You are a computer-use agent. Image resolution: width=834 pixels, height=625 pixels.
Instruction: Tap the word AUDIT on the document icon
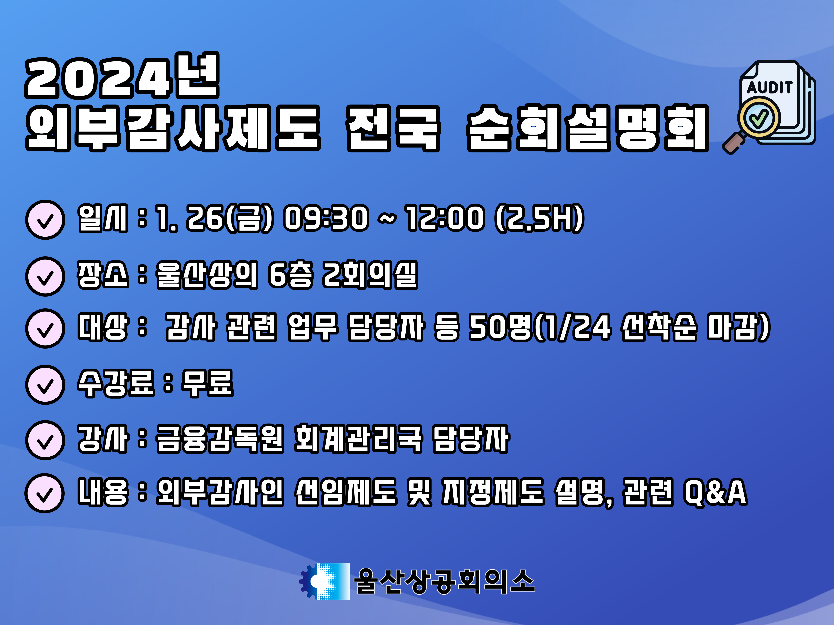(769, 88)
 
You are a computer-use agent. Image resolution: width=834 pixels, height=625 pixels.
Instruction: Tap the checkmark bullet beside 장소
(45, 277)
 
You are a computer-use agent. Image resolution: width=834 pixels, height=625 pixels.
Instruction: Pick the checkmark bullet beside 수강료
(45, 385)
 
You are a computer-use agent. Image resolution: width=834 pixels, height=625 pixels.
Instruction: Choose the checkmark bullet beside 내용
(44, 493)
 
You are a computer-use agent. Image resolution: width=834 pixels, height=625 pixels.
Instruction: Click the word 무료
(207, 383)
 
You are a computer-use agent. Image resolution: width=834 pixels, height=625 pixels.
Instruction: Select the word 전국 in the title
(393, 129)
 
